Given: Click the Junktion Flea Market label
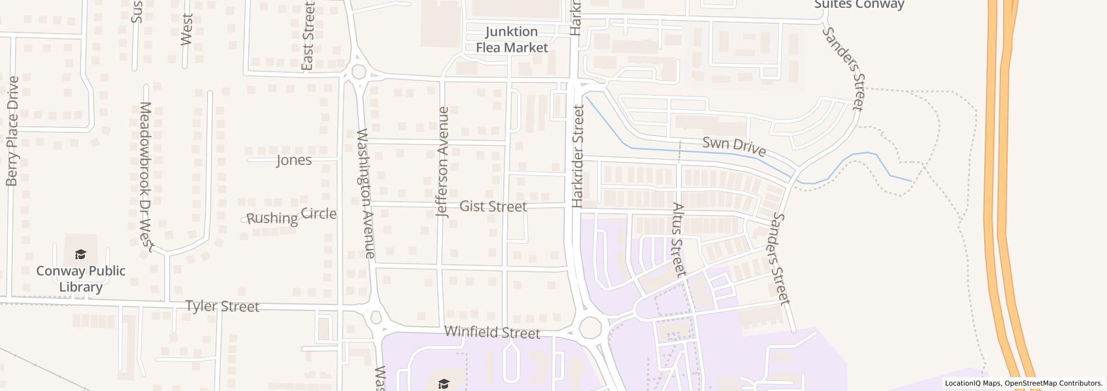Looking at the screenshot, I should pos(512,40).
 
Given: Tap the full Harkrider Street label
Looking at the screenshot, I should pos(578,157).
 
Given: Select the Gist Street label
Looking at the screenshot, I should pos(493,207).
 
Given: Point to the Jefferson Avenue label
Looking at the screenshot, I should pos(443,162).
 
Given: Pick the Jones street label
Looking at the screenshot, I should pos(294,161).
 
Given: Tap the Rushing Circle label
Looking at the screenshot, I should pos(291,216).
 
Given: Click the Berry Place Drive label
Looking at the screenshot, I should pos(12,131).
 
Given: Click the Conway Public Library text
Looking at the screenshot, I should pos(81,279).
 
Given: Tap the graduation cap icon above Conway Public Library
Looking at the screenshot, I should pos(81,255).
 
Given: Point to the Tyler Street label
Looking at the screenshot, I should pos(222,307).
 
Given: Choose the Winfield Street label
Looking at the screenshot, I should pos(492,332).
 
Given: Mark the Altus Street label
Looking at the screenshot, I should pos(678,240).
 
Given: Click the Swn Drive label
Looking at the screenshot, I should pos(734,146).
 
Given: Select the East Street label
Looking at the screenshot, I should pos(308,36).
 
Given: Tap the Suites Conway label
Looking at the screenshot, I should pos(859,5).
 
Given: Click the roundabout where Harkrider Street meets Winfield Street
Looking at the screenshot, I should pos(590,327).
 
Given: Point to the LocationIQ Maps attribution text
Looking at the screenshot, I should pos(1023,384).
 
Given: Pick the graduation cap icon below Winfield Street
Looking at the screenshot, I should pos(444,384).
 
